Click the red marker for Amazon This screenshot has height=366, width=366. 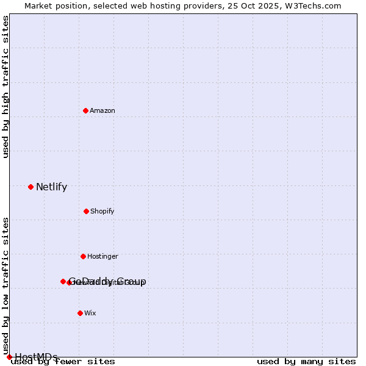(85, 110)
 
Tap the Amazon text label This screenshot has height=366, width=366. (102, 111)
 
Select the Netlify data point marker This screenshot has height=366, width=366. (30, 187)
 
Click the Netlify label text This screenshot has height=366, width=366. (51, 187)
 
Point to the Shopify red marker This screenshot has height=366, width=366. (86, 211)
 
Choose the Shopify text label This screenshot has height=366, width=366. (102, 212)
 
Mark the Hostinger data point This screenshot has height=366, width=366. (83, 256)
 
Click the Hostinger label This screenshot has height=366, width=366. (102, 257)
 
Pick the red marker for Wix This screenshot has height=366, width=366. (80, 313)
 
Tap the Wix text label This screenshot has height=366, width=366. (90, 314)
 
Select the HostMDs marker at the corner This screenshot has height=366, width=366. (9, 357)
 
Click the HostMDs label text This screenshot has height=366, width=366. (36, 357)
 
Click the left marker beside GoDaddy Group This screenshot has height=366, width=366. (63, 281)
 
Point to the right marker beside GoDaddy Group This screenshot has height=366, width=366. (69, 282)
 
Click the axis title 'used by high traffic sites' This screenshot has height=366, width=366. (6, 87)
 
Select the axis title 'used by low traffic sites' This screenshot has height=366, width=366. (6, 285)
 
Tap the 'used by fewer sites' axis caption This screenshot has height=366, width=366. (63, 362)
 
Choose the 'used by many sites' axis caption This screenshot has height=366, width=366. (306, 362)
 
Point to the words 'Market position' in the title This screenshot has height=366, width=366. (54, 5)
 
